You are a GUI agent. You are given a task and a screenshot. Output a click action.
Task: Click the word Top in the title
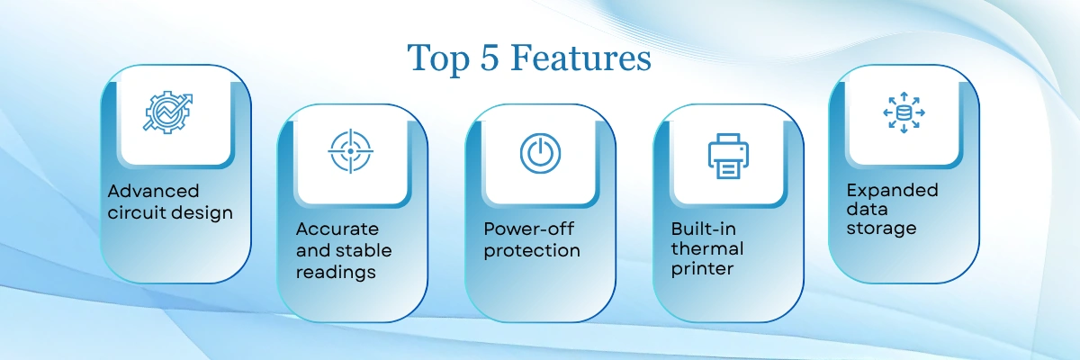(x=438, y=58)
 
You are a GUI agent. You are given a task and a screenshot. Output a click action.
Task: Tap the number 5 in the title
(x=490, y=58)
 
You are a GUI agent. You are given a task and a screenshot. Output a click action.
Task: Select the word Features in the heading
(x=581, y=58)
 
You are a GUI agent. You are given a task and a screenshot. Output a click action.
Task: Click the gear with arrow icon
(x=167, y=112)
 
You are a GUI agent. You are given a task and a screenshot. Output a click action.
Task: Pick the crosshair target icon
(x=350, y=151)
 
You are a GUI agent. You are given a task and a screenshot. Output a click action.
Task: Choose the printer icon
(x=728, y=156)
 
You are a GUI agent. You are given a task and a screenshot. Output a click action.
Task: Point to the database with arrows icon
(x=904, y=112)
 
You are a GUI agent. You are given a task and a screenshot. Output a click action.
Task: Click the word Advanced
(x=153, y=191)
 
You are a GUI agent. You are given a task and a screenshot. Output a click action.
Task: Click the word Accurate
(x=337, y=229)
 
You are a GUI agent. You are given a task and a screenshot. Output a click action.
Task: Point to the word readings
(x=336, y=273)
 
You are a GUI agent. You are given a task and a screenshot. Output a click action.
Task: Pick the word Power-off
(x=529, y=229)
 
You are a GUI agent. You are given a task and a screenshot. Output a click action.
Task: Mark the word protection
(x=532, y=251)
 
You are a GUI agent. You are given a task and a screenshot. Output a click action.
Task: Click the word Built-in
(x=704, y=229)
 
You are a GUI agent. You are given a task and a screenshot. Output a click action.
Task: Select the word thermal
(x=707, y=248)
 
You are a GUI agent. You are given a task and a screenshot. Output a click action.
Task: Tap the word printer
(x=702, y=269)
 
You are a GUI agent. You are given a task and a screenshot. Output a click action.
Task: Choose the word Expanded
(x=893, y=191)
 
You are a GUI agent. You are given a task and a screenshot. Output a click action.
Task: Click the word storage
(x=881, y=229)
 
